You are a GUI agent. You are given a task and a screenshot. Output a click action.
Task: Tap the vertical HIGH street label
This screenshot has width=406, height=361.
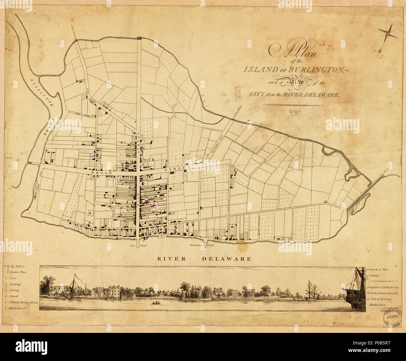(x=138, y=203)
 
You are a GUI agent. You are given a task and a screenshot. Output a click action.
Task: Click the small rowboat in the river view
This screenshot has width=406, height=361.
(x=155, y=303)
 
